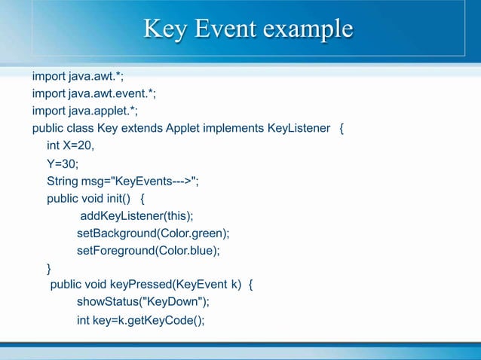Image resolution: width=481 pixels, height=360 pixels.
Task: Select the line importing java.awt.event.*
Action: tap(93, 93)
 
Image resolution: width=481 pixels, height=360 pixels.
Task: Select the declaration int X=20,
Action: tap(70, 145)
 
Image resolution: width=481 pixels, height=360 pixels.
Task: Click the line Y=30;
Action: tap(62, 163)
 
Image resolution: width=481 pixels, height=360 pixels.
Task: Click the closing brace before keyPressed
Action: tap(50, 268)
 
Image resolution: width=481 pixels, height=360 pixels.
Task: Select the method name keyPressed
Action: tap(140, 285)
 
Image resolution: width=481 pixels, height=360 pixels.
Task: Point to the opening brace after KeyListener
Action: tap(342, 128)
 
